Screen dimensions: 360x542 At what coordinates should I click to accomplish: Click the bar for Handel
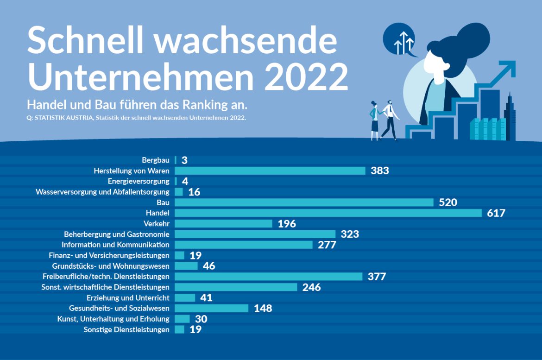pos(328,213)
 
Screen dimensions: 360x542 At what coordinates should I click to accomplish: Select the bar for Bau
pos(304,202)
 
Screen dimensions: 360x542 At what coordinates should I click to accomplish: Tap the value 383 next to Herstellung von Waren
pos(379,171)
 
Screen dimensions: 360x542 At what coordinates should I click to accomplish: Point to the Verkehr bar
pos(223,224)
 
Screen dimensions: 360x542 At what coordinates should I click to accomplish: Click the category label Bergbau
pos(156,160)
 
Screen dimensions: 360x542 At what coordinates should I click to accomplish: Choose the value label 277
pos(327,245)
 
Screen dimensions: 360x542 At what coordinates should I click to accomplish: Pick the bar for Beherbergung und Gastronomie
pos(255,234)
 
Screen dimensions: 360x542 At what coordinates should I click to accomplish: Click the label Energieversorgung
pos(139,181)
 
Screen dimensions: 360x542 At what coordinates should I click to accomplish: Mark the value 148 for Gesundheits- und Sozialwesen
pos(263,309)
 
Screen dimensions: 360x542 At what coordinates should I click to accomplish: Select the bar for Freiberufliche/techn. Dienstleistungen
pos(268,277)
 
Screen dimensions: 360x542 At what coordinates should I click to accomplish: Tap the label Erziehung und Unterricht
pos(128,297)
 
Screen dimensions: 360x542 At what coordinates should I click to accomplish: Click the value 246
pos(311,287)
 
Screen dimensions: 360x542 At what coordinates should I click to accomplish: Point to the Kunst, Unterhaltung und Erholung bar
pos(182,319)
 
